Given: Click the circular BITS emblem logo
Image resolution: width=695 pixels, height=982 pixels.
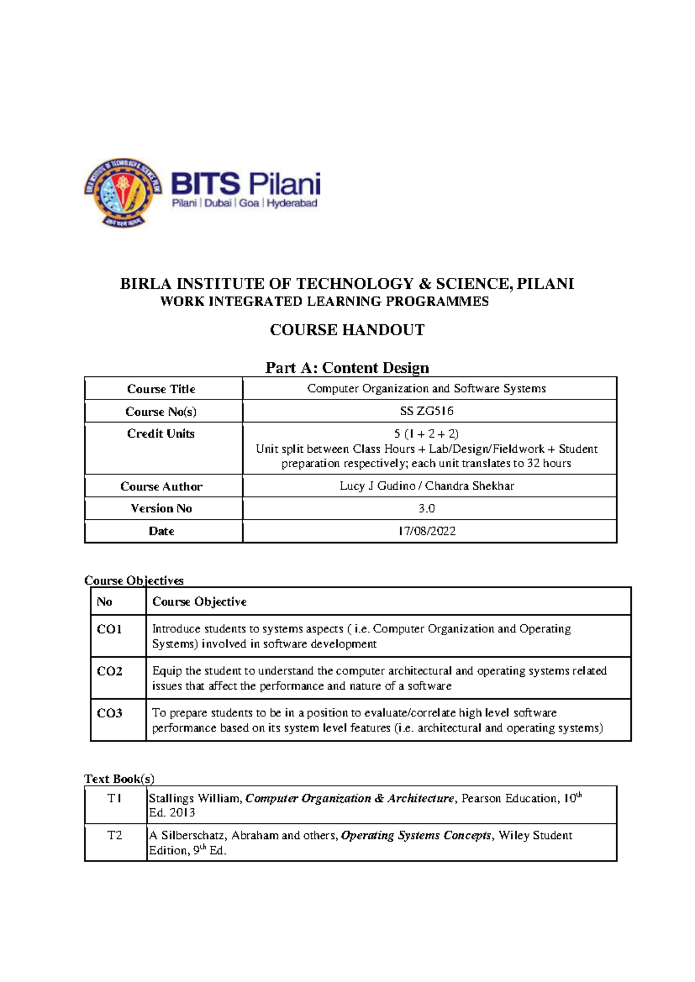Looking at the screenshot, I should pos(122,193).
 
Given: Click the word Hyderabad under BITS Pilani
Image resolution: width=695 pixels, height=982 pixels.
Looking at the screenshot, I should pos(292,203).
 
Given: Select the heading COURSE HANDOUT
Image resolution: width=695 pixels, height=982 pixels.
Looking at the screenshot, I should pos(347,330).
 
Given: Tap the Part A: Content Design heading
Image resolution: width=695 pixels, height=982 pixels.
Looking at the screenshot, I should pos(347,368).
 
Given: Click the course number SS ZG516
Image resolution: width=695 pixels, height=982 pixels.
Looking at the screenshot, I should pos(426,411).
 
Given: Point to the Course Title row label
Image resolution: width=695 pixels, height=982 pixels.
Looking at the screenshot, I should pos(161,389).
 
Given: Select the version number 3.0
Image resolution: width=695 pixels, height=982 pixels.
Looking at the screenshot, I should pos(426,508).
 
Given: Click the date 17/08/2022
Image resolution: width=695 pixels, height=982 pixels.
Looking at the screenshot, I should pos(426,531).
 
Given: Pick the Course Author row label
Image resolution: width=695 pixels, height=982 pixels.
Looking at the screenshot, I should pos(161,486).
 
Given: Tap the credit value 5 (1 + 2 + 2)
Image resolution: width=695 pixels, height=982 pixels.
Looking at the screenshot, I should pos(426,434).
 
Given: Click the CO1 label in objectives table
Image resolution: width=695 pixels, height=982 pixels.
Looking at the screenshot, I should pos(109,629).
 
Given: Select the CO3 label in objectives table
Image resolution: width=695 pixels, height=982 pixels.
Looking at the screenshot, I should pos(109,713).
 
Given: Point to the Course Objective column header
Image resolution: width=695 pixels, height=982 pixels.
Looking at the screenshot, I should pos(199,602).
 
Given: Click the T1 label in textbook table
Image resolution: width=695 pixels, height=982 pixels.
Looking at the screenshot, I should pos(115,798).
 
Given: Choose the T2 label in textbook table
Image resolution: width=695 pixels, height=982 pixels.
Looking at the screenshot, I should pos(115,836).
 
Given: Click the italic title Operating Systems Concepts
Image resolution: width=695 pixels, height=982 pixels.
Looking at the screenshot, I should pos(416,836).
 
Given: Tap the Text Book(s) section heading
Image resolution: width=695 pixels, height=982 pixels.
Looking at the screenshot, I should pos(119,779).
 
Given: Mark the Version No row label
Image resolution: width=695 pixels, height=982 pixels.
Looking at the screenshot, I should pos(161,508).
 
